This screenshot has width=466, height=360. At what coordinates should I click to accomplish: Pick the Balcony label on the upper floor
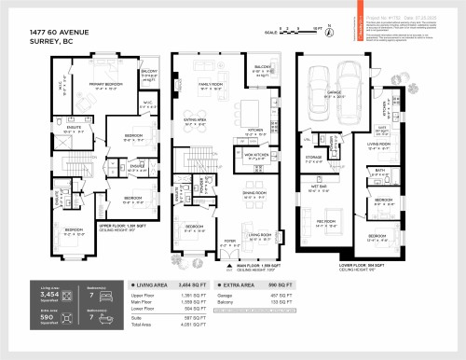point(149,71)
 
